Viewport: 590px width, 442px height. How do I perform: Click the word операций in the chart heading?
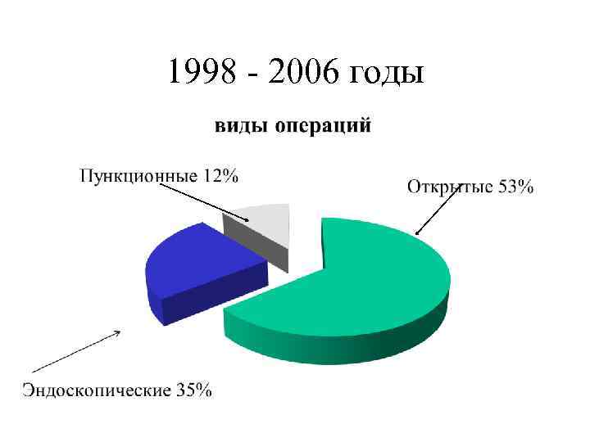click(321, 128)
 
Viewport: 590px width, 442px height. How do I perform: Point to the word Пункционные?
click(138, 175)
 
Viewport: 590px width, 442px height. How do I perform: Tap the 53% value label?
click(515, 187)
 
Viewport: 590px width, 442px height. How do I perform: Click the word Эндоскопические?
click(97, 390)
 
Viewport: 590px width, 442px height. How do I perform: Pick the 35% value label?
click(193, 389)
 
